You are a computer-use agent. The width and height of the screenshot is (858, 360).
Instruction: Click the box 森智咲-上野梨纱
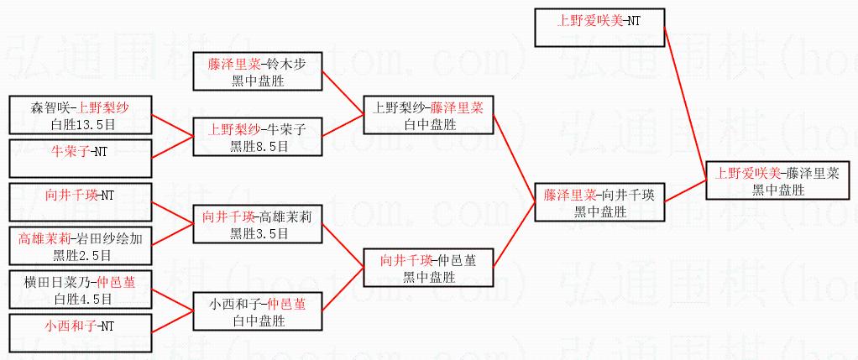pos(81,115)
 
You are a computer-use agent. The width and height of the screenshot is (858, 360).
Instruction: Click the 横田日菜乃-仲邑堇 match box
pos(81,290)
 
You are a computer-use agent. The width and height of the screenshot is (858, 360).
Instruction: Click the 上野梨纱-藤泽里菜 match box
pos(428,115)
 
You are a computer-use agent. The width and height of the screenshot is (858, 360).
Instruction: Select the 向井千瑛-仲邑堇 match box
pos(428,268)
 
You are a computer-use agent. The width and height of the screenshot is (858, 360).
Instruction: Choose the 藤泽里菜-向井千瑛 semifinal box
pos(599,202)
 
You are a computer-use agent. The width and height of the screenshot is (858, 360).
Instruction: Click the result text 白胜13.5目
pos(81,124)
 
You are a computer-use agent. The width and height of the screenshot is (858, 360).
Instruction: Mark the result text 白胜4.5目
pos(81,300)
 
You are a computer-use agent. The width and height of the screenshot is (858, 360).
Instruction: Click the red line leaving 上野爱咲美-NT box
pos(684,101)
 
